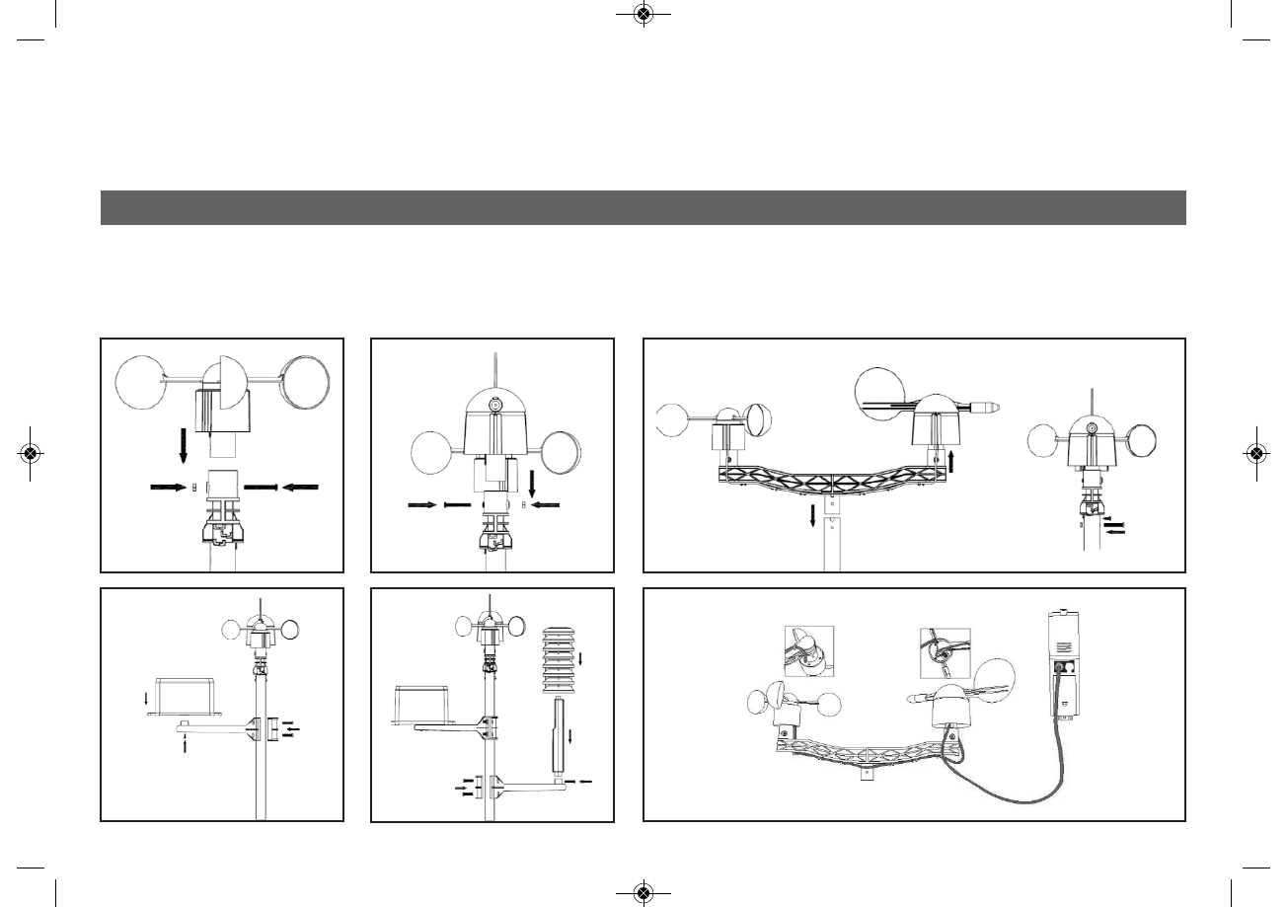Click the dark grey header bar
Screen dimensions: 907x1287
coord(643,207)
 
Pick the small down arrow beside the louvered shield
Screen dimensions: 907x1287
coord(581,658)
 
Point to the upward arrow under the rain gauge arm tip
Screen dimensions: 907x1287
coord(186,744)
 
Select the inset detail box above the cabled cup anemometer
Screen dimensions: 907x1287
coord(809,651)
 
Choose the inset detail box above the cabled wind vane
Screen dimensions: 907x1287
coord(945,652)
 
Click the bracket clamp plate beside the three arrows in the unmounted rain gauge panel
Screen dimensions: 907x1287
coord(271,729)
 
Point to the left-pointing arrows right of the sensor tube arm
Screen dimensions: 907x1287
coord(582,781)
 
